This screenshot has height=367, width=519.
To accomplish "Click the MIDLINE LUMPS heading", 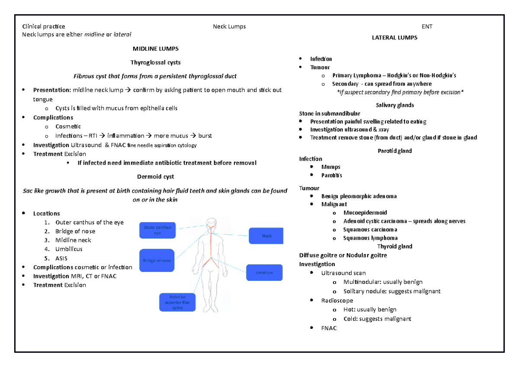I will click(x=155, y=48).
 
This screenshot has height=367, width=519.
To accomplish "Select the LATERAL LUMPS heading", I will click(x=394, y=38).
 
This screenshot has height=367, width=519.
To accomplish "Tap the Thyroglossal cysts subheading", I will click(x=156, y=62).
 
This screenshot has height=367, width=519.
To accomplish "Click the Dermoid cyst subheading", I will click(x=155, y=177).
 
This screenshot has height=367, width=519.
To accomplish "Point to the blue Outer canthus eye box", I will click(x=157, y=230).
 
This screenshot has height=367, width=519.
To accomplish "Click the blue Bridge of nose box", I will click(x=157, y=261).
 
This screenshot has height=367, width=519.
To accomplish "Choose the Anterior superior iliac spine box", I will click(x=177, y=302).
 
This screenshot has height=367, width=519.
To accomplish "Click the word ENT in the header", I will click(x=427, y=26).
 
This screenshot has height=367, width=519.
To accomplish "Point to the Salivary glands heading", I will click(x=395, y=105).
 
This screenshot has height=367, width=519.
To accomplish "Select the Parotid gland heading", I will click(x=394, y=151).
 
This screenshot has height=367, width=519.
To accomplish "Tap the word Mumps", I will click(x=331, y=167).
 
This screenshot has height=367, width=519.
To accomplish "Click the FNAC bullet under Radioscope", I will click(x=329, y=328).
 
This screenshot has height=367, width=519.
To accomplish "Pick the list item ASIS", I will click(x=61, y=258).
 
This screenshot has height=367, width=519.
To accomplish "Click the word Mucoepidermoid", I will click(x=365, y=212).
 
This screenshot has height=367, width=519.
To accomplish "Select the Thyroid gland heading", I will click(x=394, y=246).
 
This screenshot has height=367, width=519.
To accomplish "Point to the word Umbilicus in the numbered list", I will click(x=69, y=249).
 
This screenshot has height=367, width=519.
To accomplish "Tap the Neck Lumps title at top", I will click(x=229, y=26).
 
